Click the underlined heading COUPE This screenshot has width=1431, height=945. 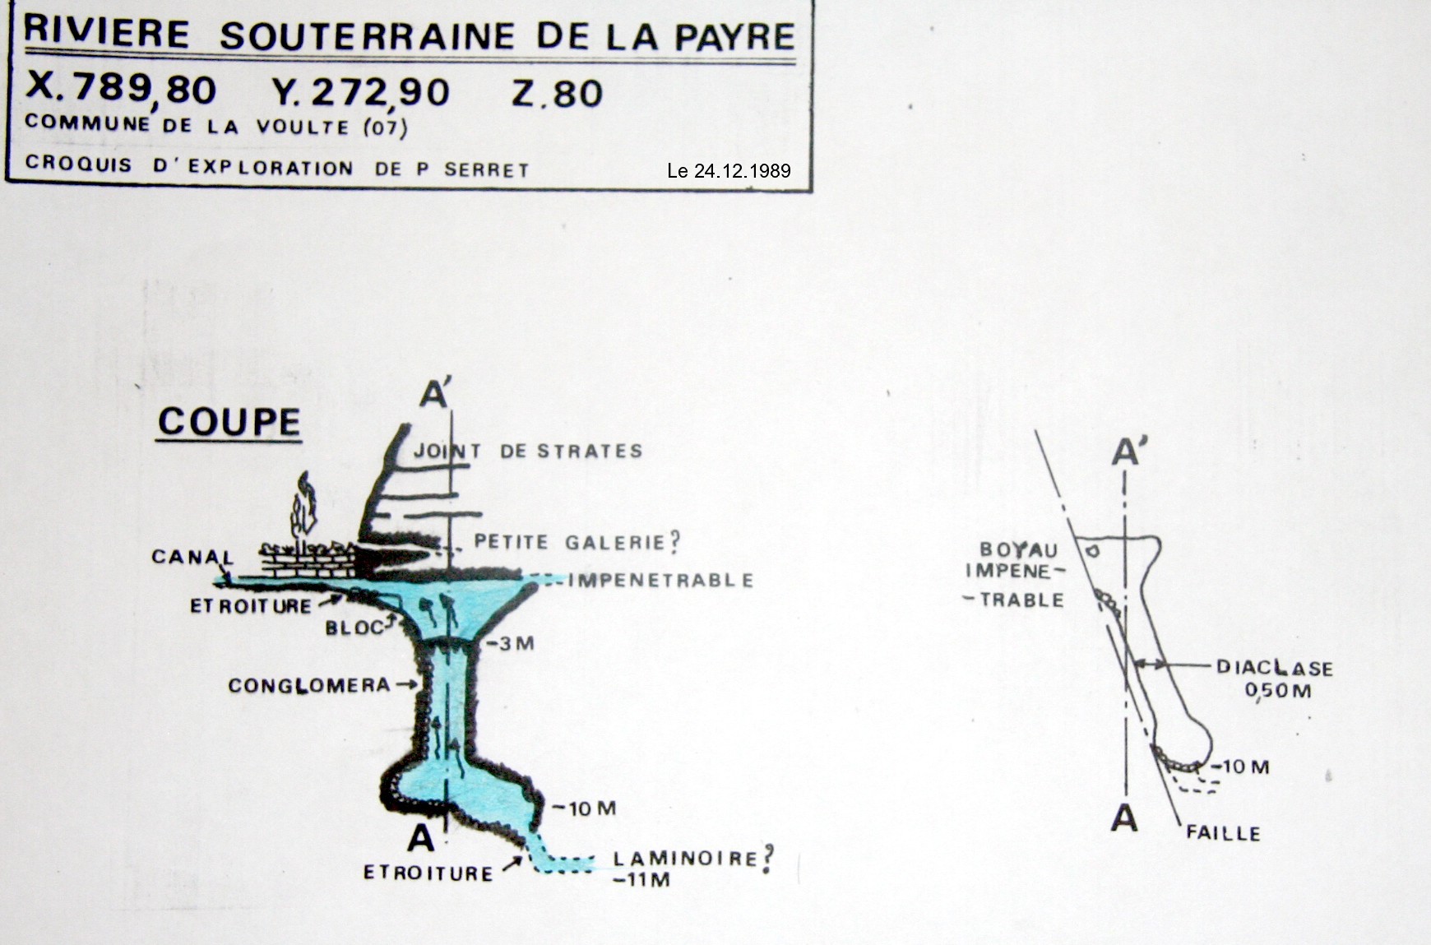(229, 422)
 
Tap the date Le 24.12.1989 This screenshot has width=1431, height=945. (729, 171)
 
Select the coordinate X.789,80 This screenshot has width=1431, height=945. (121, 89)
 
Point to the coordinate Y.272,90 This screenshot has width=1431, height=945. (361, 92)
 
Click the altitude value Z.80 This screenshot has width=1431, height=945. (557, 93)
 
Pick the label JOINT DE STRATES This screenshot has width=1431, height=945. (528, 451)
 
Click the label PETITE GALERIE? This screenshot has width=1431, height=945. (577, 542)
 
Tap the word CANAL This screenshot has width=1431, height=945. (192, 557)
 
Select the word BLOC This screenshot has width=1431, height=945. (354, 628)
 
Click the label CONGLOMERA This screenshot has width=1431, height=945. (309, 685)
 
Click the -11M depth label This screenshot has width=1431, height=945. (641, 880)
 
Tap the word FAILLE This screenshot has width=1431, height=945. (1223, 833)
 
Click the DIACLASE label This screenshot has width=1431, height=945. (1275, 668)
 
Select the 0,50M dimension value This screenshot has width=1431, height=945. (1278, 690)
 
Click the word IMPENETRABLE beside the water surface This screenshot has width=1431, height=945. (660, 580)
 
